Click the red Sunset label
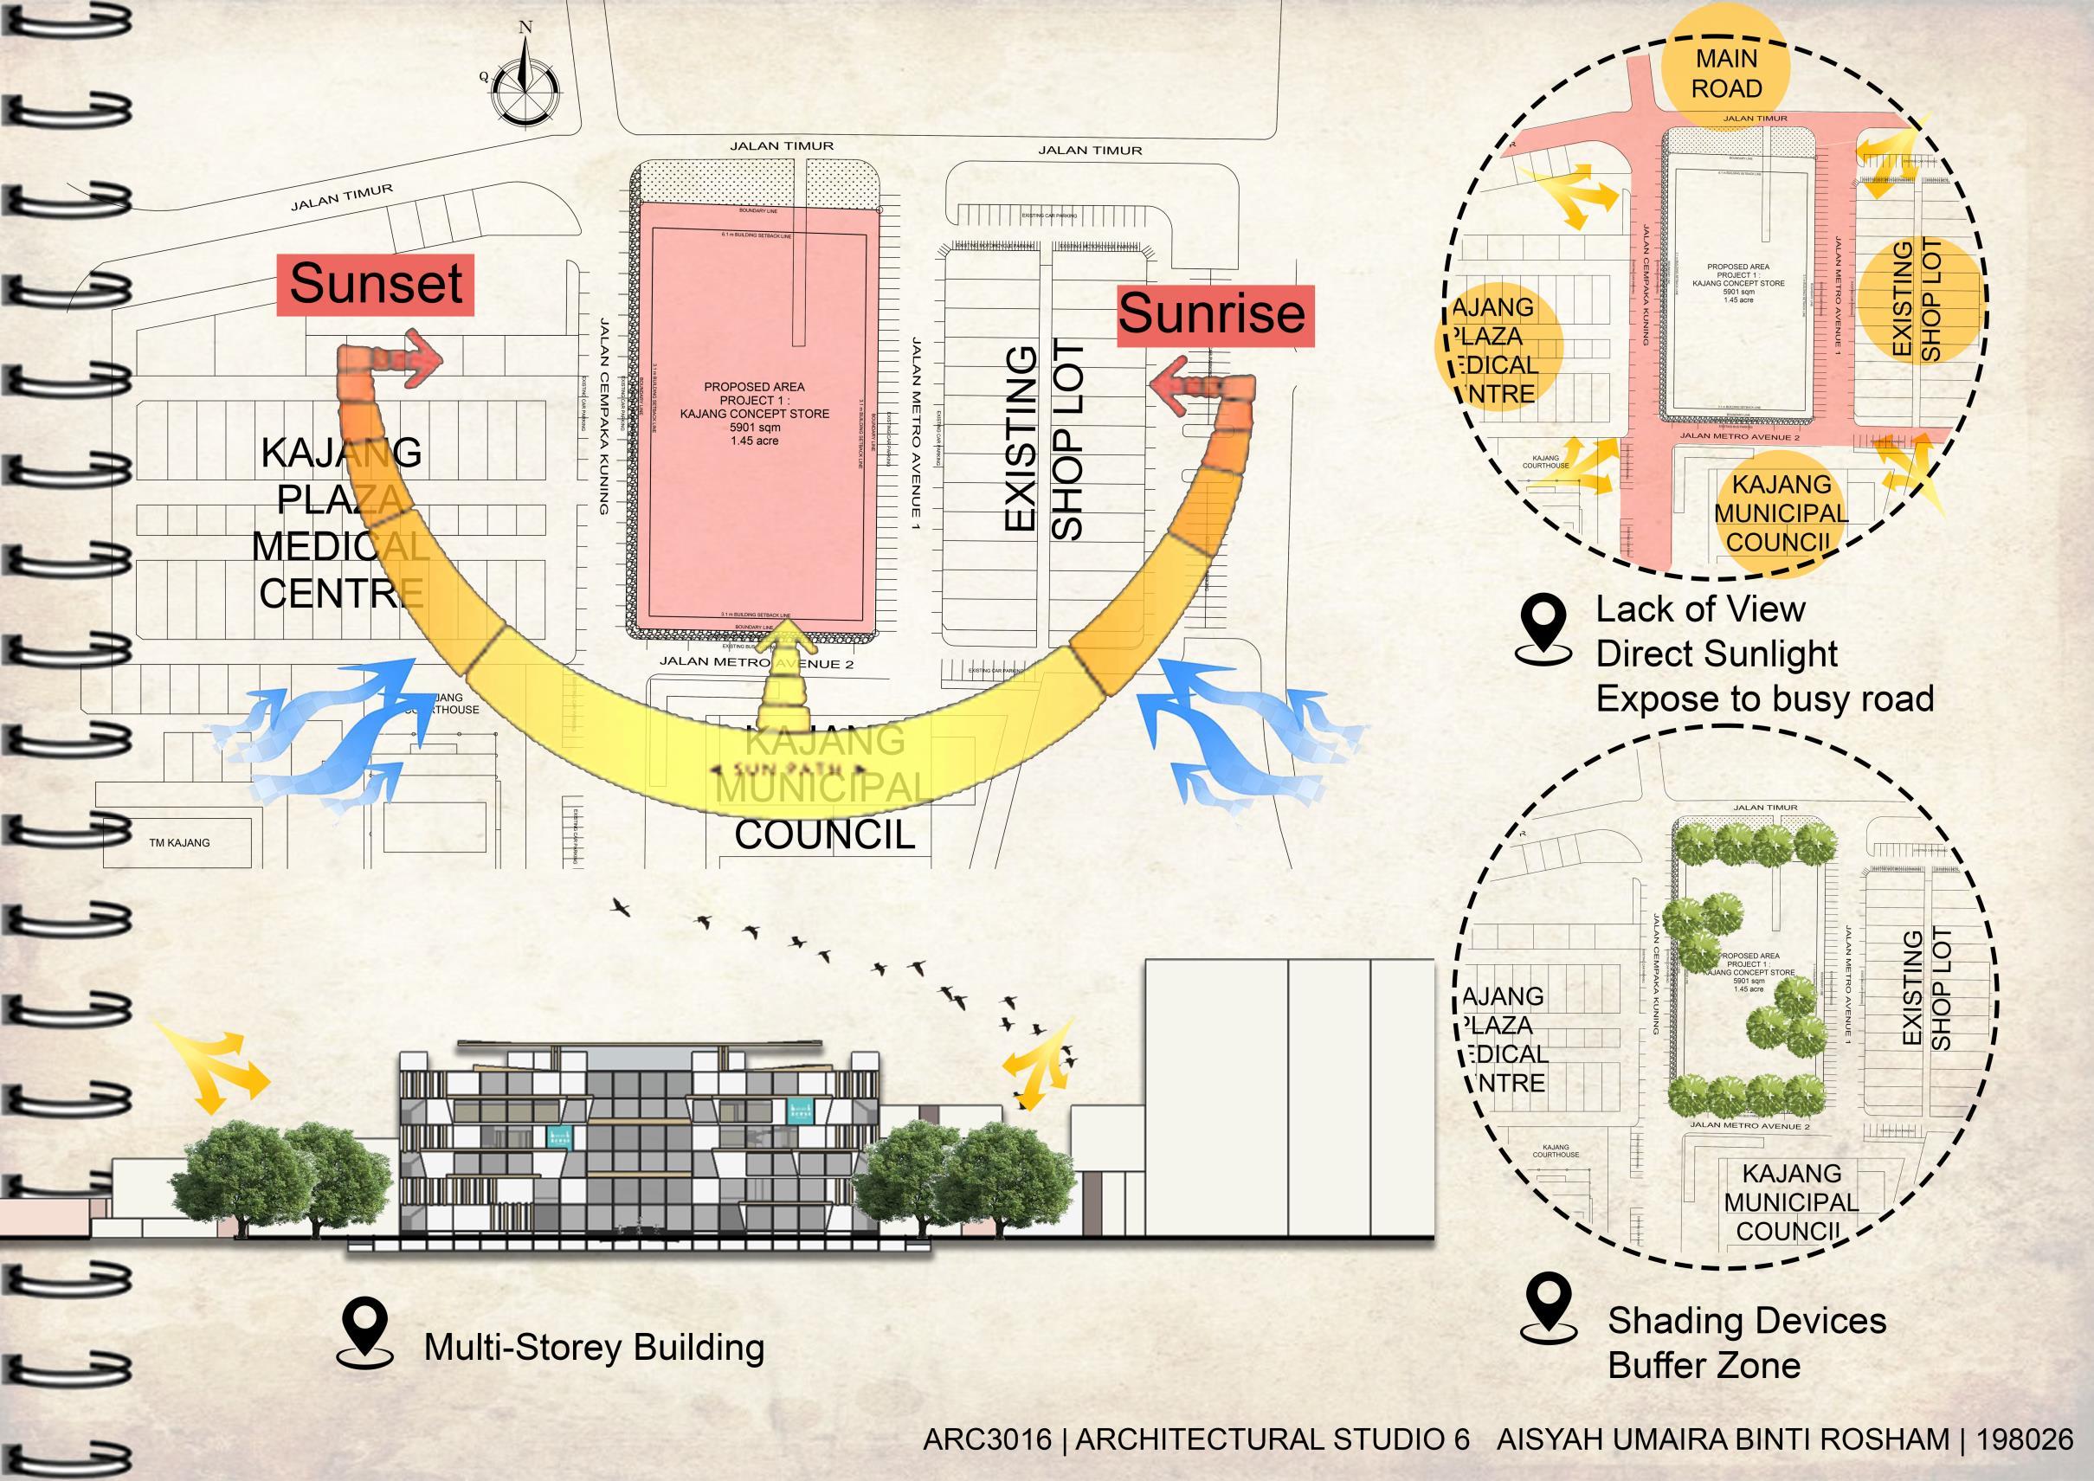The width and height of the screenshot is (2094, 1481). [x=375, y=284]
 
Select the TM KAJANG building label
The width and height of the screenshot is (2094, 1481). [x=180, y=843]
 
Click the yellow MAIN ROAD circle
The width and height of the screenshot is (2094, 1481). [x=1725, y=74]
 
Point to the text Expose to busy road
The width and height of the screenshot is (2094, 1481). [x=1764, y=699]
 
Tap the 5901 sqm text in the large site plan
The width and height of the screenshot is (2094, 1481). [x=754, y=427]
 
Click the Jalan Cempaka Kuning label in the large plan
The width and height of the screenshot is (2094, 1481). [x=602, y=415]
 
